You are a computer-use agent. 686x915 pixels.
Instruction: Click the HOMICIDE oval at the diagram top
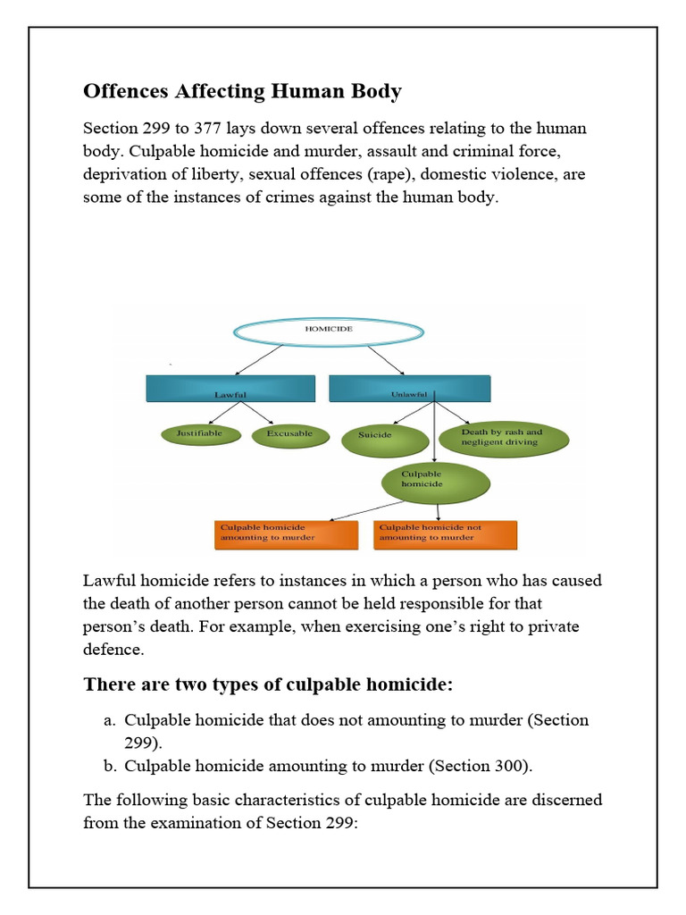point(329,330)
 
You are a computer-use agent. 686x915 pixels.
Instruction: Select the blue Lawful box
point(230,389)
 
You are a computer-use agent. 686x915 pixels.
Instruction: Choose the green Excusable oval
point(289,434)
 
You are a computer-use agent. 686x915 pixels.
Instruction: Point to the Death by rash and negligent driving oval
point(503,438)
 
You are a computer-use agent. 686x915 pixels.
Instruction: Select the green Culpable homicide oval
point(435,483)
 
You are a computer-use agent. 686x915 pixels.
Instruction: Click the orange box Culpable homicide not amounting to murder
point(445,533)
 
